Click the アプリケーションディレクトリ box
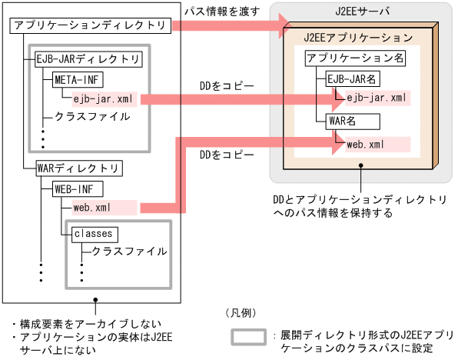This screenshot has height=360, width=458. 91,27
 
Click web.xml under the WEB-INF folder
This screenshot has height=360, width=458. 91,207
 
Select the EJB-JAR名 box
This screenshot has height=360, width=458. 353,78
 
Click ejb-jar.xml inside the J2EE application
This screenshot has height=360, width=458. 376,98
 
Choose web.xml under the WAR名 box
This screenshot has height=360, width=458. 366,143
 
